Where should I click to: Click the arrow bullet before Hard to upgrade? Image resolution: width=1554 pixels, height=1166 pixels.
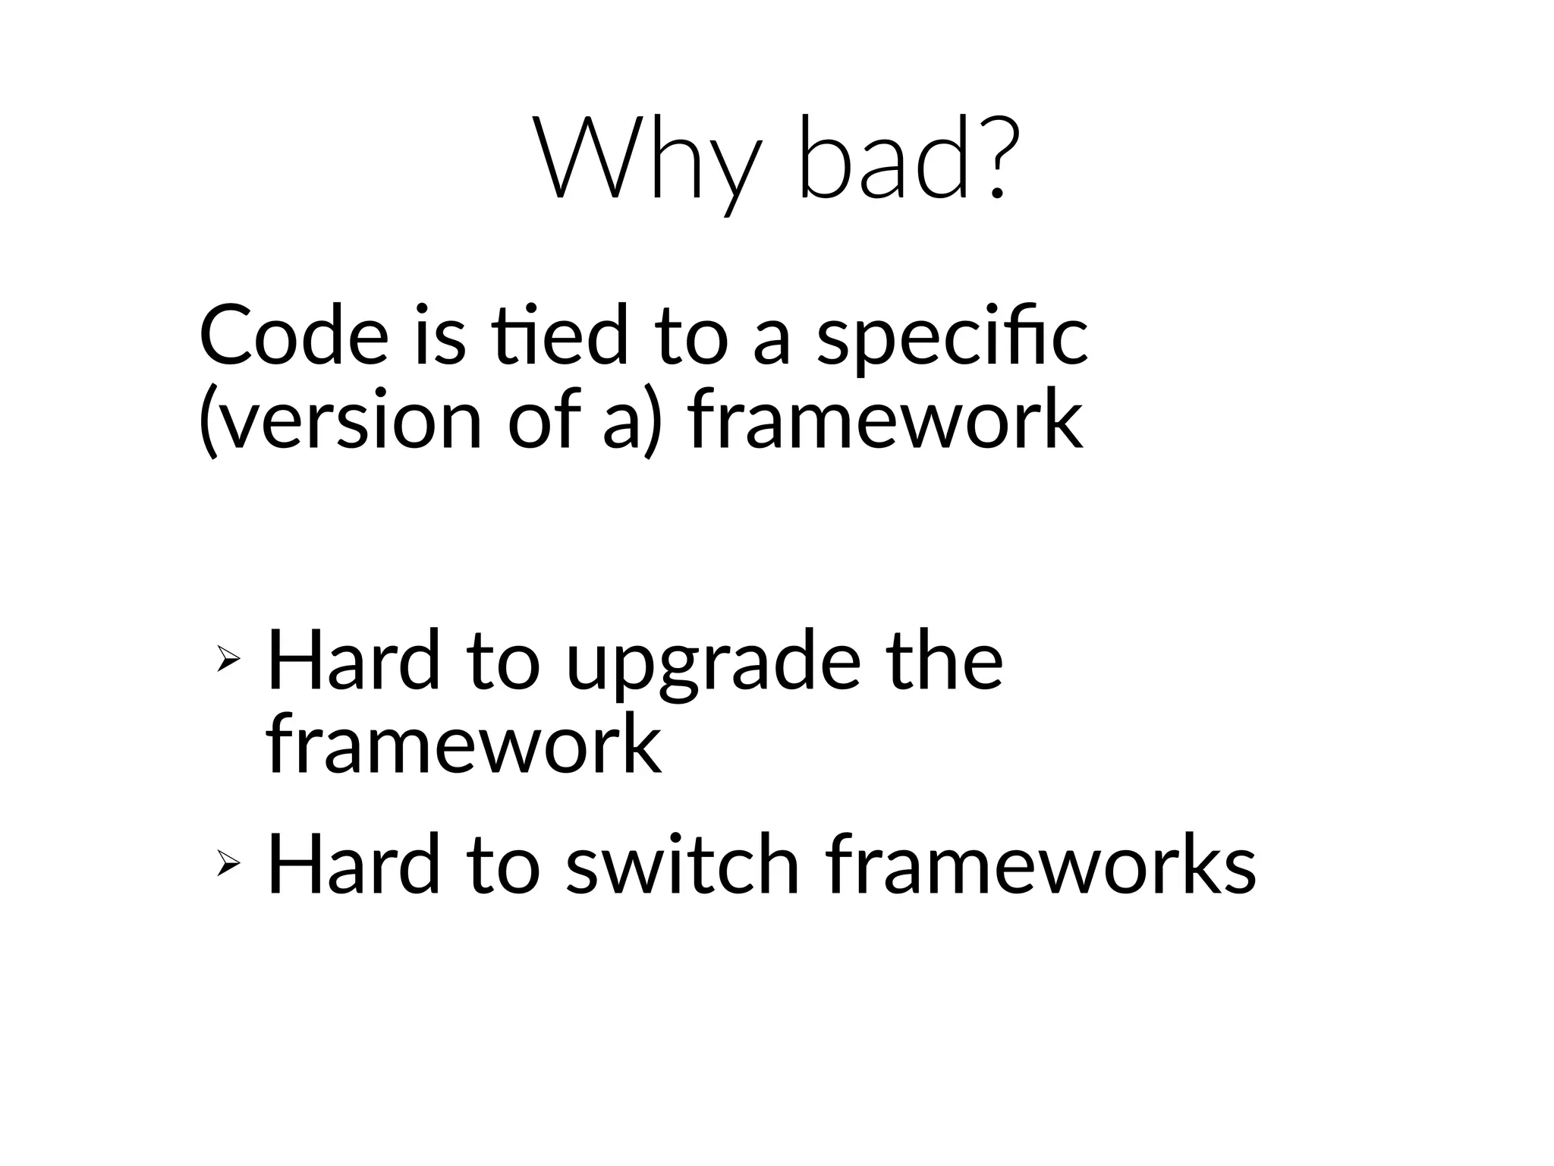click(228, 658)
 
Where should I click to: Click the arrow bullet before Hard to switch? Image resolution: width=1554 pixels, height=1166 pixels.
click(228, 862)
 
